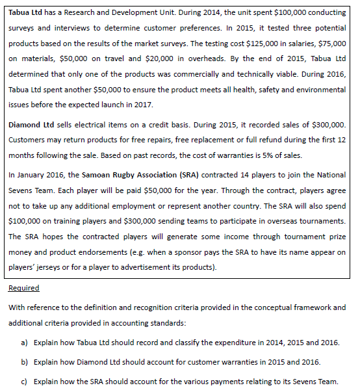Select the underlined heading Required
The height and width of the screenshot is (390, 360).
(23, 287)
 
